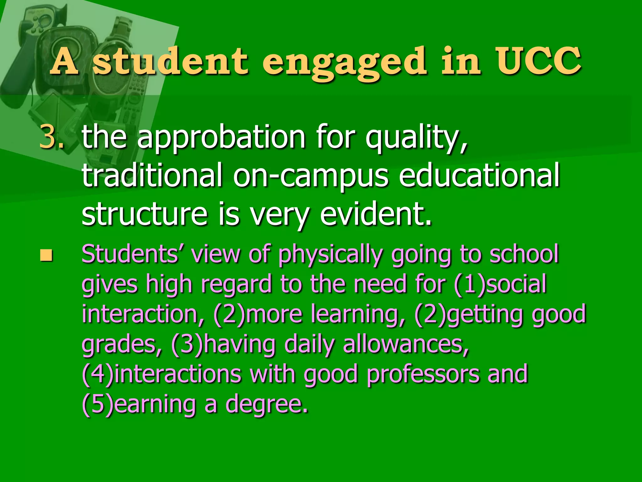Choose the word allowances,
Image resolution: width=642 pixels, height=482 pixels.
[x=406, y=344]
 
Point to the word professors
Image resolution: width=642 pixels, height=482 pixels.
[x=423, y=374]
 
